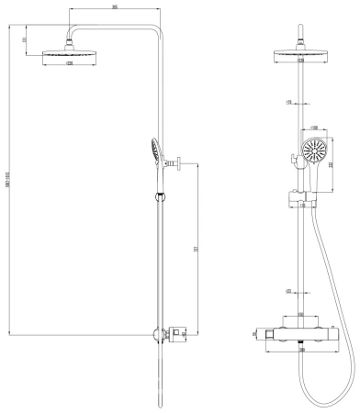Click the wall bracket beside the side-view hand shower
pos(174,164)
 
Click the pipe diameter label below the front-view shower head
pos(288,101)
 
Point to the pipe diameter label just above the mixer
pos(288,292)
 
